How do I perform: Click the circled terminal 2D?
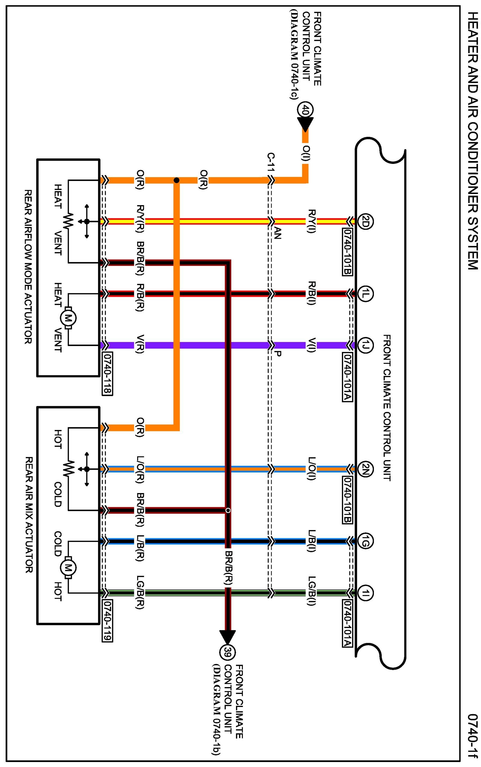point(365,221)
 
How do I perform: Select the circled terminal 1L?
point(365,293)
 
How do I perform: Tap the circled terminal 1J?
point(365,345)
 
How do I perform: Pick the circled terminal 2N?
point(365,469)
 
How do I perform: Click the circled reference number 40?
point(305,110)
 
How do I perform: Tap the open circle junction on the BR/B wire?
point(228,511)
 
